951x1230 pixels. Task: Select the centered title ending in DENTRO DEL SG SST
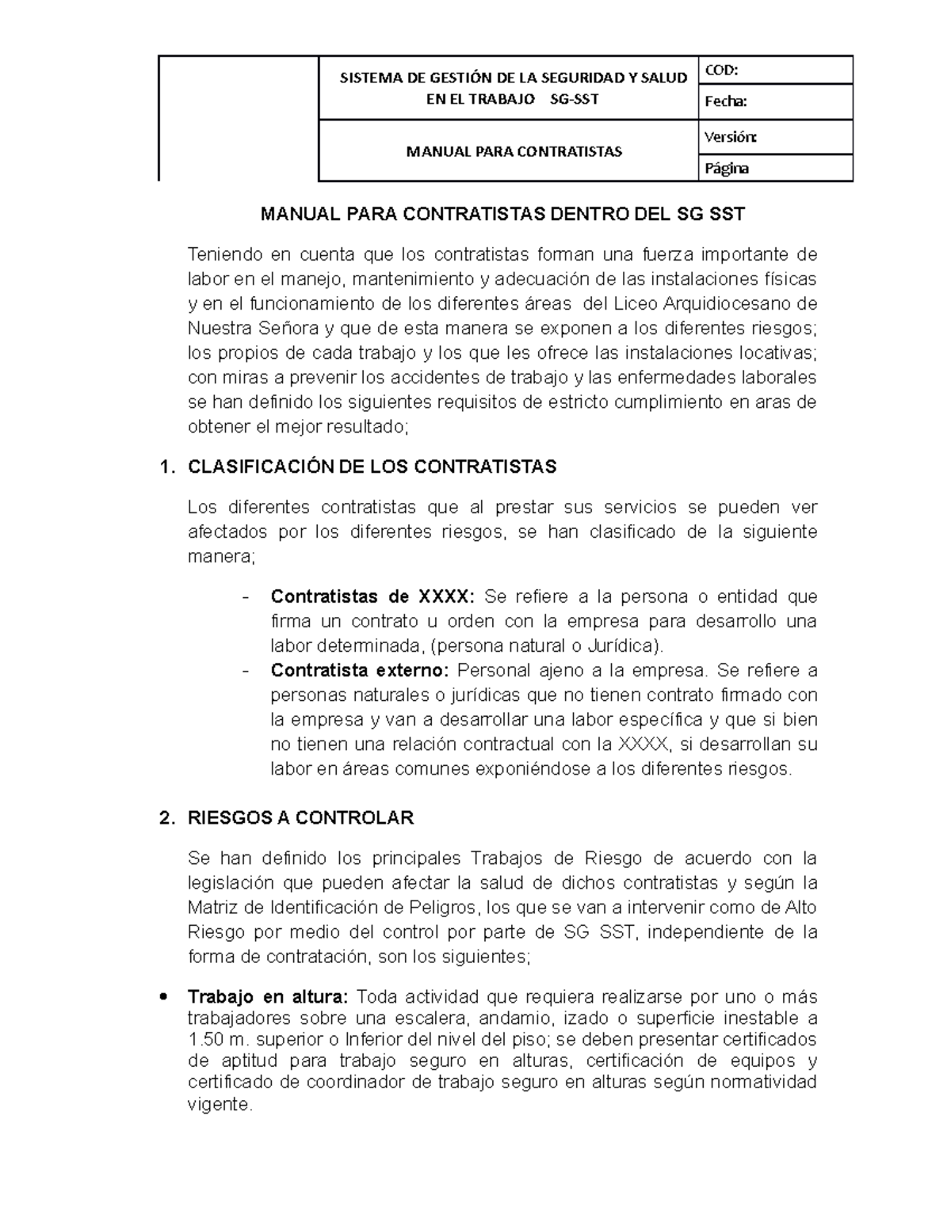tap(503, 214)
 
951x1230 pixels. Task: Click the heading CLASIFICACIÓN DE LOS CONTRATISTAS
tap(372, 466)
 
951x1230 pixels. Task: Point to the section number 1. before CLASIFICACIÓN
tap(166, 466)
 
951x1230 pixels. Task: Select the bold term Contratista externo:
tap(359, 671)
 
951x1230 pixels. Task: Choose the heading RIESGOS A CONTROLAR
tap(300, 818)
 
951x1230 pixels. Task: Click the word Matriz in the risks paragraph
tap(216, 907)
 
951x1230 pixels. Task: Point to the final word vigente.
tap(219, 1104)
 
